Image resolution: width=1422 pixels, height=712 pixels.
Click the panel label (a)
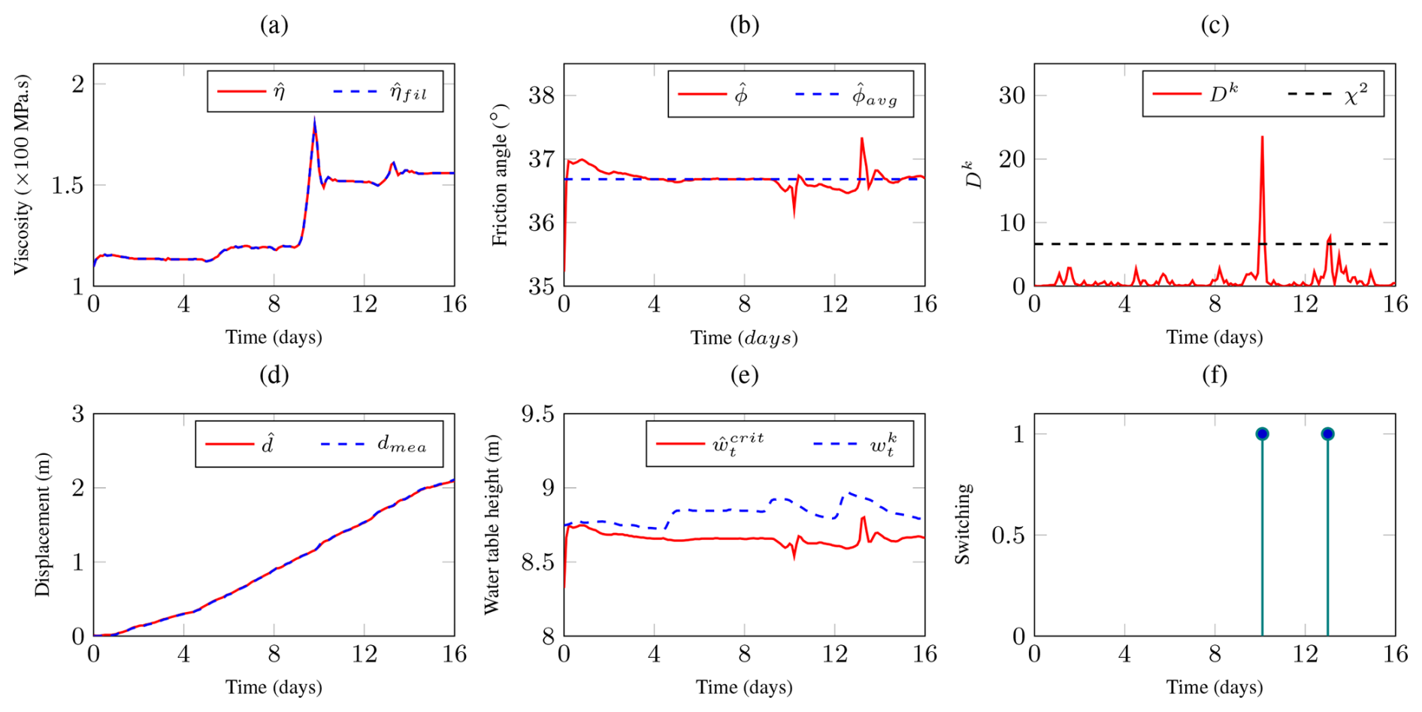pyautogui.click(x=274, y=26)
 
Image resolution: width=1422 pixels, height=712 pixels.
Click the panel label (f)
pyautogui.click(x=1215, y=375)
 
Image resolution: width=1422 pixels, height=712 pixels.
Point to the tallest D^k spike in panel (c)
pyautogui.click(x=1262, y=138)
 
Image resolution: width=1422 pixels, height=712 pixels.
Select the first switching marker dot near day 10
pyautogui.click(x=1262, y=434)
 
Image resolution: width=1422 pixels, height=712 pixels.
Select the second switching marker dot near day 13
pyautogui.click(x=1327, y=434)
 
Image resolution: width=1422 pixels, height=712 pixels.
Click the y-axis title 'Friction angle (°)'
pyautogui.click(x=500, y=175)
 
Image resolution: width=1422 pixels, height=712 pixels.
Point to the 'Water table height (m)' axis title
pyautogui.click(x=492, y=525)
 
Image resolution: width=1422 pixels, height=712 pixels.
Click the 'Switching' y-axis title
pyautogui.click(x=963, y=524)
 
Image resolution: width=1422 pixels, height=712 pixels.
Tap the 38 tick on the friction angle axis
pyautogui.click(x=541, y=95)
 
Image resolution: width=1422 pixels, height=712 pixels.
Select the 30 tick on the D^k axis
pyautogui.click(x=1012, y=95)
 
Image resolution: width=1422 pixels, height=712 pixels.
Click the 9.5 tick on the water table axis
pyautogui.click(x=537, y=414)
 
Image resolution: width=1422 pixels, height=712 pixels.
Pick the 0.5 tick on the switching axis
pyautogui.click(x=1008, y=535)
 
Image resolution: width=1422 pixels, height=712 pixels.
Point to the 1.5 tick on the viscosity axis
pyautogui.click(x=67, y=185)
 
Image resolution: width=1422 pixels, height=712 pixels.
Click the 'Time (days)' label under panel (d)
pyautogui.click(x=274, y=687)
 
